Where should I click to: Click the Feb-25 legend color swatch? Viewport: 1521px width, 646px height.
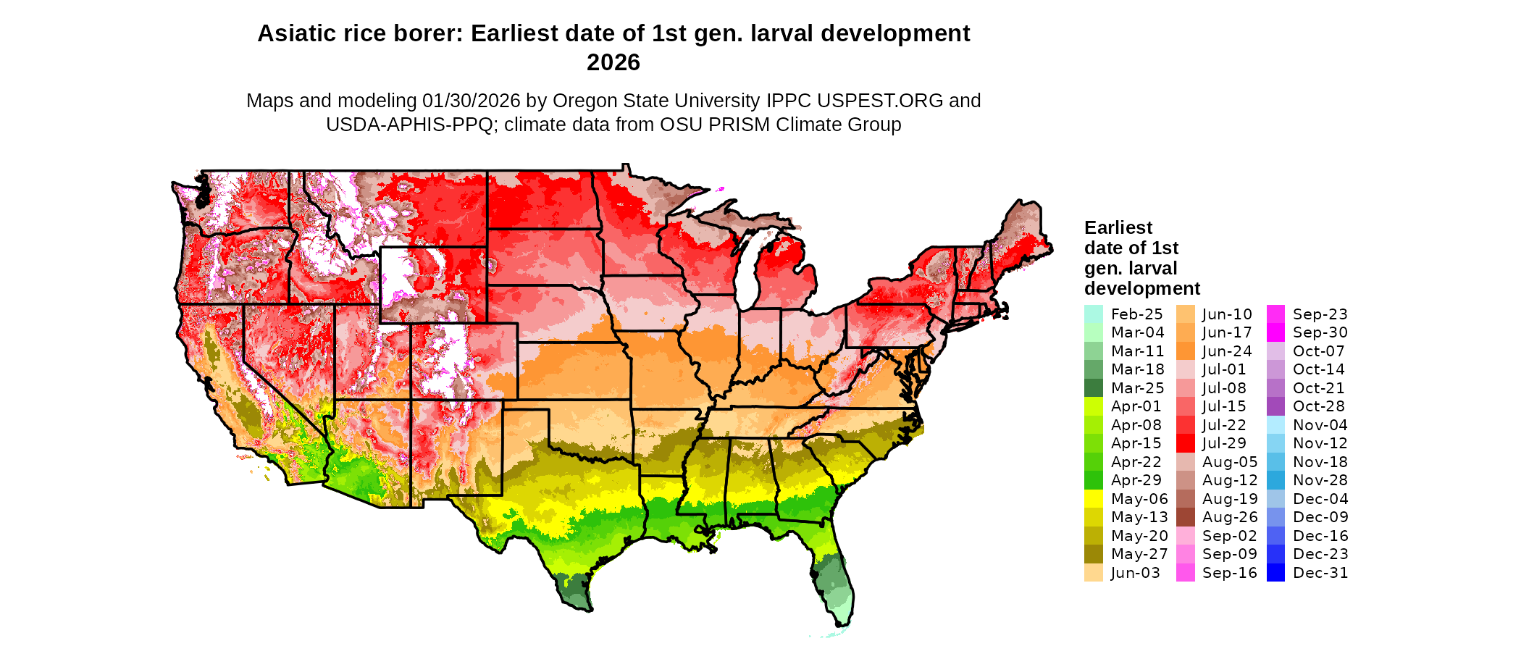1093,314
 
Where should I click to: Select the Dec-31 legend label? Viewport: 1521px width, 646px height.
1320,573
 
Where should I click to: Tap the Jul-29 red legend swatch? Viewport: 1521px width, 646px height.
1185,443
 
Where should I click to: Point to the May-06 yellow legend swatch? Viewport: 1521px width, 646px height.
1093,499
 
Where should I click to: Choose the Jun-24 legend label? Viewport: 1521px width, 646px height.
1227,351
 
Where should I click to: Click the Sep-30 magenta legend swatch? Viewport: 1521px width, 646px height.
1275,332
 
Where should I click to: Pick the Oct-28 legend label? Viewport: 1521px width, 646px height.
1318,406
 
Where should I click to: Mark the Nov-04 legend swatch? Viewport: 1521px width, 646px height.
1275,425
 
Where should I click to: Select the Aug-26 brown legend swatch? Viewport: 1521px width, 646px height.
1185,517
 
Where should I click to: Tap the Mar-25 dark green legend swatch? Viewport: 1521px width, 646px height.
1093,388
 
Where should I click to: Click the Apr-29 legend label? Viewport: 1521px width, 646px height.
1136,480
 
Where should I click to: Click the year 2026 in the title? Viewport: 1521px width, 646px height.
613,62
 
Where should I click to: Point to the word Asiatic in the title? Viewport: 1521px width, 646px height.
294,33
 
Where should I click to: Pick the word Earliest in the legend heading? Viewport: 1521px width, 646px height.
1118,228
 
